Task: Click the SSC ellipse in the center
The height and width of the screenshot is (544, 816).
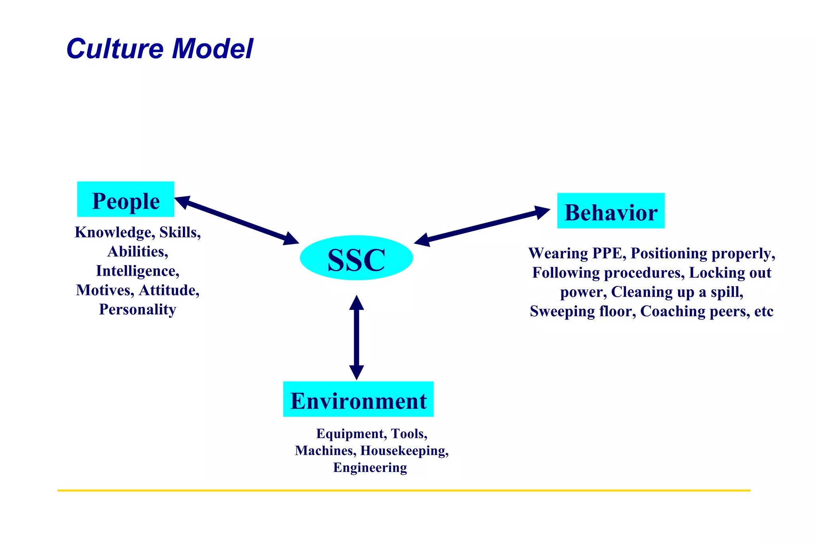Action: coord(356,258)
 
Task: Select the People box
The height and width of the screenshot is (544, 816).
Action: coord(126,200)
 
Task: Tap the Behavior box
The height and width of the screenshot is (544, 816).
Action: coord(610,211)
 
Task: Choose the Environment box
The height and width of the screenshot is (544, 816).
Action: coord(358,399)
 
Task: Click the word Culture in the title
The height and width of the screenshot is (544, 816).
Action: coord(115,49)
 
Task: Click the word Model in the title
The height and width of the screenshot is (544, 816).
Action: coord(212,49)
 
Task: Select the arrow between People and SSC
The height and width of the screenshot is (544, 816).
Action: coord(237,220)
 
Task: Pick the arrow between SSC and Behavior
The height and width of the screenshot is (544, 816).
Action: coord(482,226)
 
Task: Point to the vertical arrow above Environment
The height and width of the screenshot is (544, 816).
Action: coord(356,337)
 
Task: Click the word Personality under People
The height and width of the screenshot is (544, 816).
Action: coord(137,309)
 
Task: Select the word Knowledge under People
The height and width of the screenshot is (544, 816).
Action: coord(114,233)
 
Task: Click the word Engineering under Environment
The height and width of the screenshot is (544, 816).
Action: coord(370,468)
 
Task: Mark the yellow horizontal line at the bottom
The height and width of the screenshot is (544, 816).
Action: coord(403,490)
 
